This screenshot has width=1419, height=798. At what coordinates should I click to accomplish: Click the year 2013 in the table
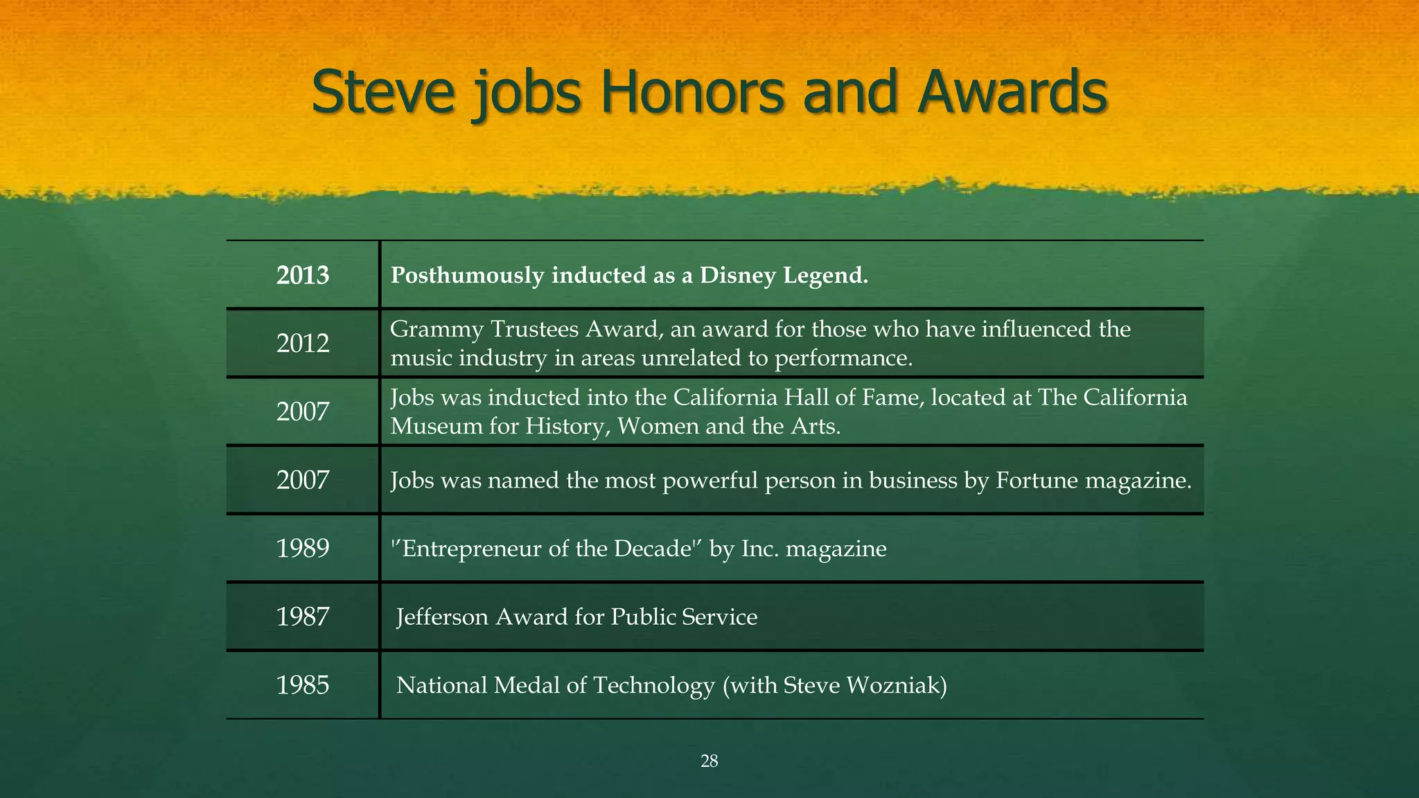point(303,276)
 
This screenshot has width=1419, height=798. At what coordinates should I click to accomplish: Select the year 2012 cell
point(303,344)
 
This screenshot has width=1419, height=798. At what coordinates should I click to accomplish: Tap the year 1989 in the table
point(303,549)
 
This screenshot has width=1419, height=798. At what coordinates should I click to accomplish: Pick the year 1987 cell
point(303,617)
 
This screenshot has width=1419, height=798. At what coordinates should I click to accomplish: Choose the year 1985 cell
point(303,685)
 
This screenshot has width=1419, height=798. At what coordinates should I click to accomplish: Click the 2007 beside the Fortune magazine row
point(303,480)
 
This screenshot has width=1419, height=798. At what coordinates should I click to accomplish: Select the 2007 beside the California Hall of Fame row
point(303,412)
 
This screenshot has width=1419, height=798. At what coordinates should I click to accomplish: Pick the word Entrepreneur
point(473,549)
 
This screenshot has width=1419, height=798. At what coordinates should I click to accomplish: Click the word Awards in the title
point(1012,94)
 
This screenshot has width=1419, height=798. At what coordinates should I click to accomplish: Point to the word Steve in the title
point(383,94)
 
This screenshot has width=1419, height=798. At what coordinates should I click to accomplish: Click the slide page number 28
point(709,761)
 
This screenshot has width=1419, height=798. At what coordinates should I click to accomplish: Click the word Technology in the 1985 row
point(653,685)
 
